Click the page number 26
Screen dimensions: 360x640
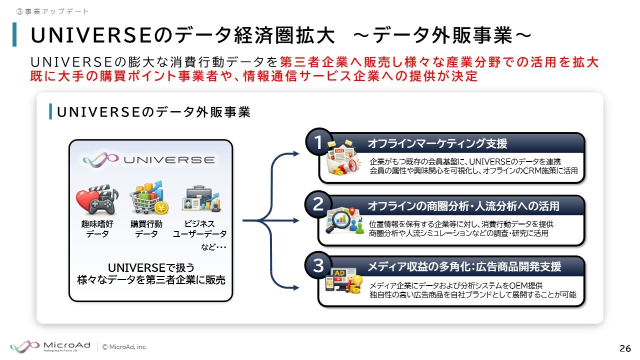tap(625, 348)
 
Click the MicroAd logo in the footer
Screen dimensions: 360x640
tap(50, 346)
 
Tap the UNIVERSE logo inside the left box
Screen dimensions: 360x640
tap(149, 159)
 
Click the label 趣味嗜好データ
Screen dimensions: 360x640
tap(94, 229)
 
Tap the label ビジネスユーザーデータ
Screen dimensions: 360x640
tap(199, 229)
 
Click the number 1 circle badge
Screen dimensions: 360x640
tap(318, 143)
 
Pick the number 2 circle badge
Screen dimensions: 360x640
tap(318, 204)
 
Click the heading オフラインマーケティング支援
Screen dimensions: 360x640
tap(437, 144)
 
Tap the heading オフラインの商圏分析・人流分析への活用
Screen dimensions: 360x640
tap(463, 206)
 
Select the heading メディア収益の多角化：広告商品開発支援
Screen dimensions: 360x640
tap(464, 267)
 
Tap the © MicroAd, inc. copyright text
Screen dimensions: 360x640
tap(125, 347)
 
